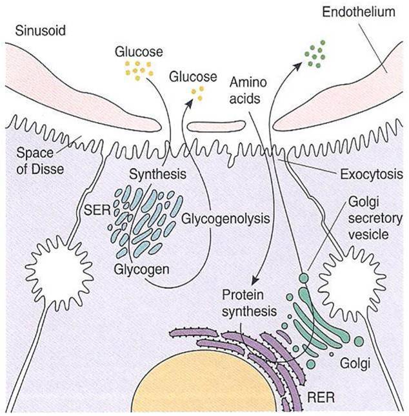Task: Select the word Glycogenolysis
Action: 225,218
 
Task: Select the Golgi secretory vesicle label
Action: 378,218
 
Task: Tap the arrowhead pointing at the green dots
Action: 298,65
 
